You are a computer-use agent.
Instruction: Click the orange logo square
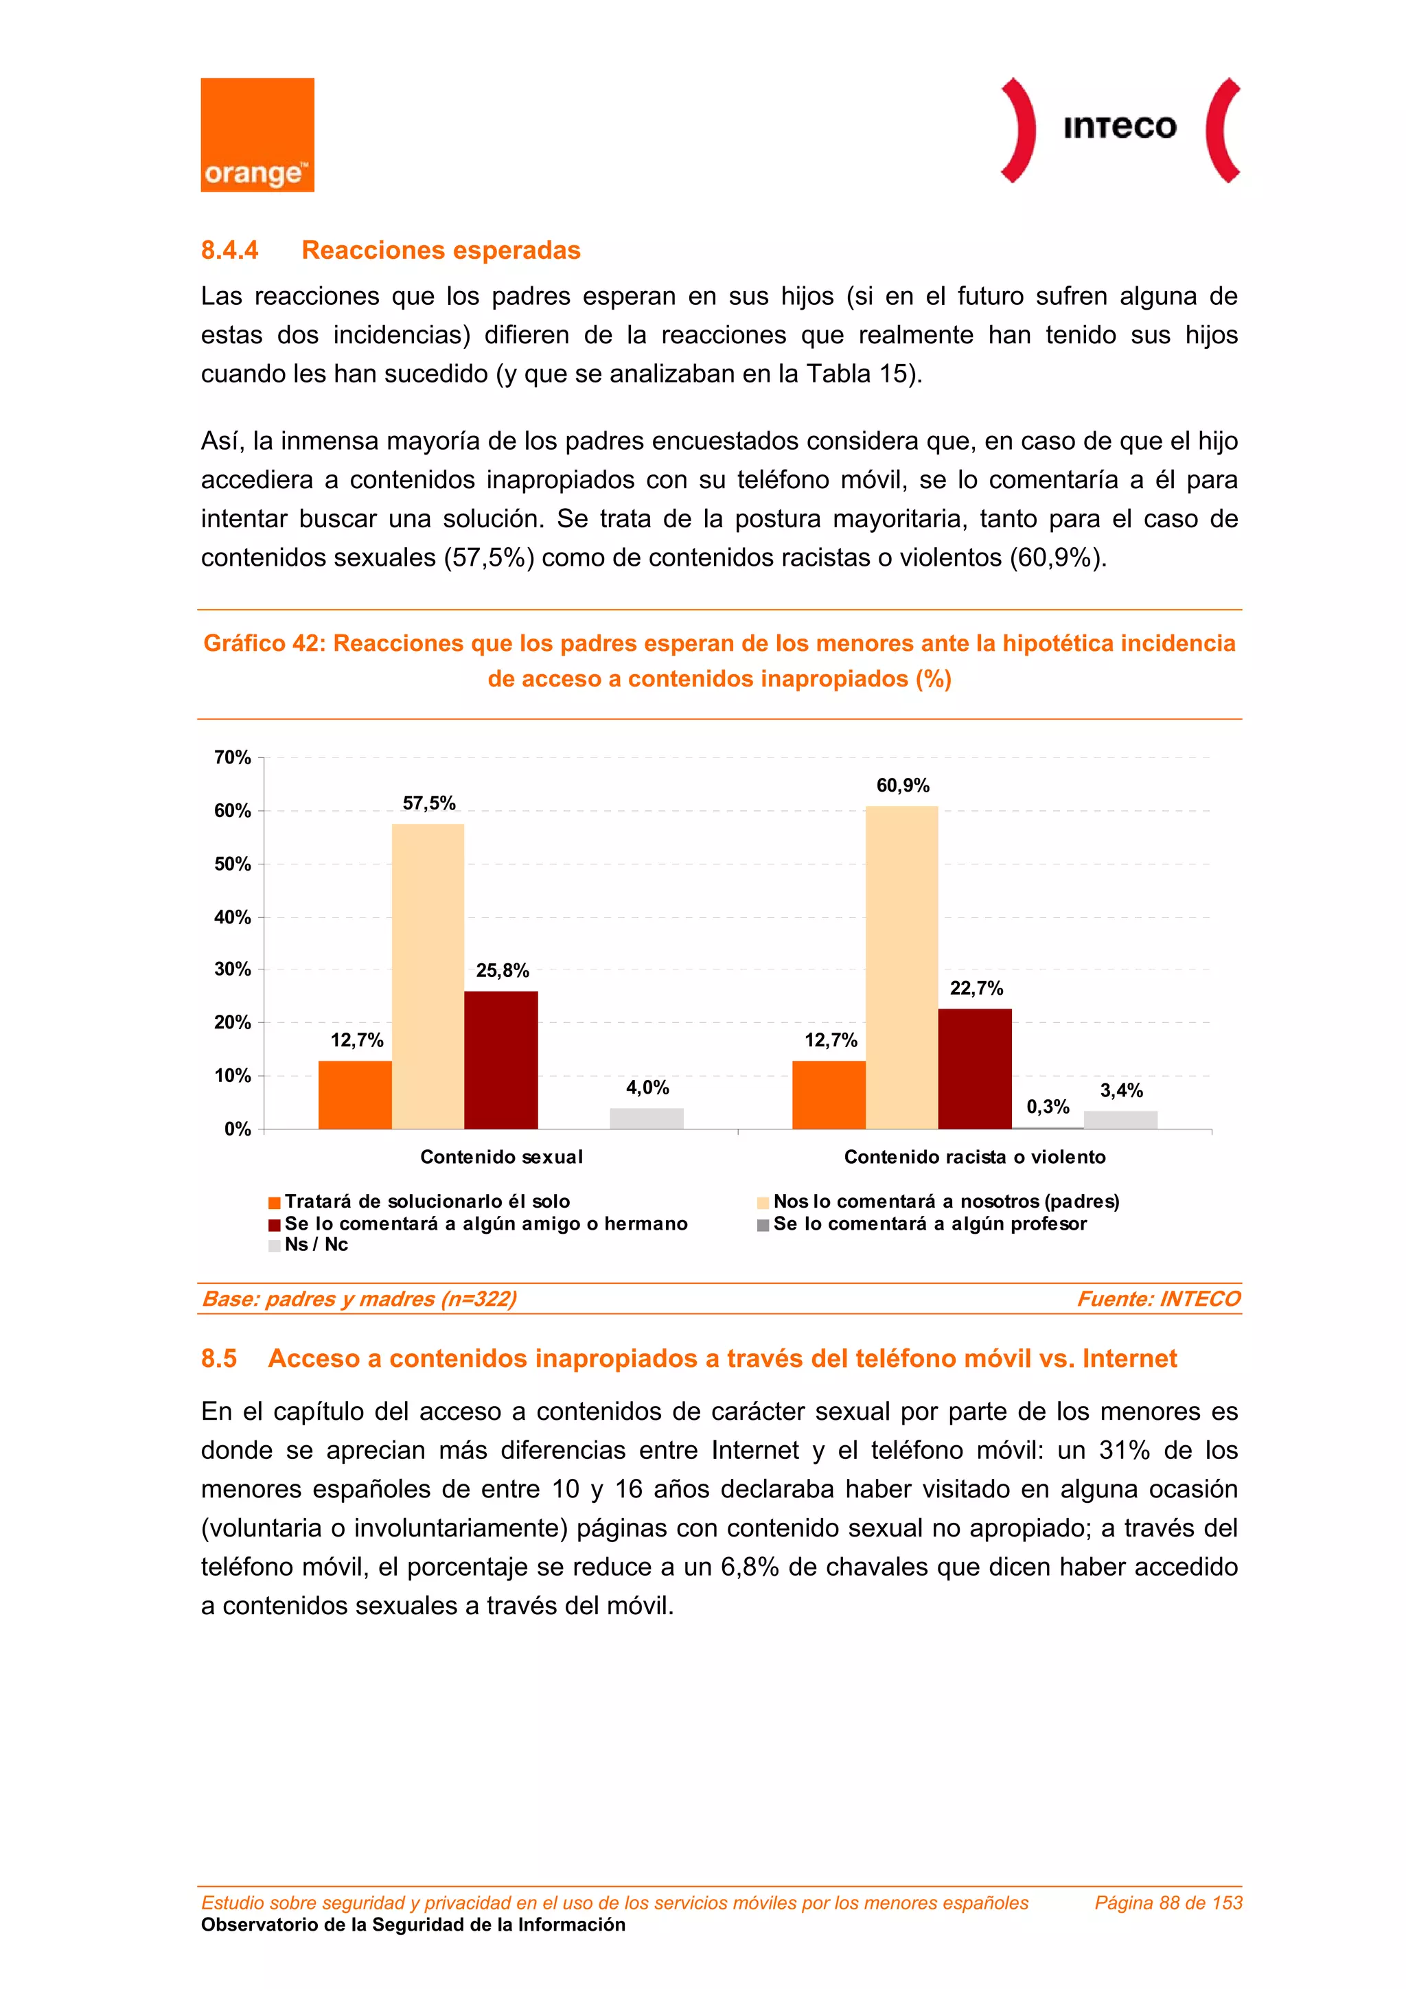[x=257, y=135]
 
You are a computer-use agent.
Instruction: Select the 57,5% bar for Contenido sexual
[x=428, y=976]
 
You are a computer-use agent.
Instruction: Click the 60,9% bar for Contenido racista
[x=901, y=967]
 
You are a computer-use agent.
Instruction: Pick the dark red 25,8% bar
[x=500, y=1059]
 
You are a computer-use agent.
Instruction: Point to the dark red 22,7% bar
[x=975, y=1068]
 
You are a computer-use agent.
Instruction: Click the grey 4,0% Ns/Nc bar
[x=646, y=1118]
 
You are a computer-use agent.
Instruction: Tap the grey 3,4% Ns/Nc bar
[x=1120, y=1119]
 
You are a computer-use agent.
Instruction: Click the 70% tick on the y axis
[x=233, y=758]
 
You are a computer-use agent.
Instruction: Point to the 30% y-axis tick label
[x=233, y=969]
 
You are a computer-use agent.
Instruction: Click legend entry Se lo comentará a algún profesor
[x=930, y=1224]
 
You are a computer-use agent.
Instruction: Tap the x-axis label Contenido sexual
[x=500, y=1156]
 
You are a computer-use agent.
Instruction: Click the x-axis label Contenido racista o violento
[x=975, y=1156]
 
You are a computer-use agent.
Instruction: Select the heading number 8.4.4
[x=229, y=251]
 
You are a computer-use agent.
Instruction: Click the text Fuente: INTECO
[x=1158, y=1298]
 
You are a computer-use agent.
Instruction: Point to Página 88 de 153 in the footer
[x=1168, y=1902]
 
